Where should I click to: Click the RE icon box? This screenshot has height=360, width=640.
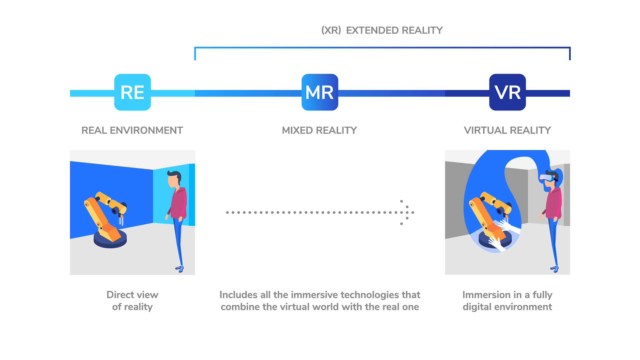pos(132,92)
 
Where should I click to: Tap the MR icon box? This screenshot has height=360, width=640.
pos(320,92)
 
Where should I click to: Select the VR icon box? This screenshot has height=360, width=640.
pos(507,92)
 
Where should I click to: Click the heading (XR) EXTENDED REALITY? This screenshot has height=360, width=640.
pos(382,30)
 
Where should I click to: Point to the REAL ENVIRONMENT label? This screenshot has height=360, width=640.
pos(132,130)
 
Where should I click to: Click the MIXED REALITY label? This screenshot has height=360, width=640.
pos(319,130)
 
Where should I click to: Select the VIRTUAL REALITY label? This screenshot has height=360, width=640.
pos(507,130)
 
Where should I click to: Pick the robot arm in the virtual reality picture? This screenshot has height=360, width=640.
pos(488,213)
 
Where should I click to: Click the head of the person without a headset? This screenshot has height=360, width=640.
pos(174,179)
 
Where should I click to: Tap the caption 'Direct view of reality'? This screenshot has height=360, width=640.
pos(132,301)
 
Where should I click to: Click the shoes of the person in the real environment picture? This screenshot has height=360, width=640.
pos(180,268)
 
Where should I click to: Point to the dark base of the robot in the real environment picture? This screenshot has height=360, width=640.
pos(110,241)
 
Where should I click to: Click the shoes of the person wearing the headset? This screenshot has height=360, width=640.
pos(555,268)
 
